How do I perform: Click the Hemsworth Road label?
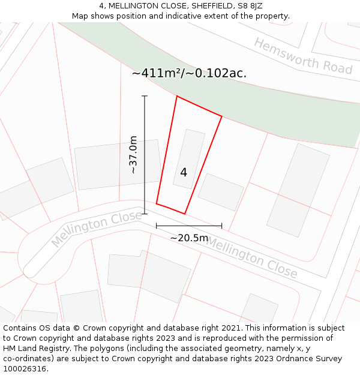303,56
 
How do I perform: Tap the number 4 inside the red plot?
184,172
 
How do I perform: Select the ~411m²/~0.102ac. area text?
189,73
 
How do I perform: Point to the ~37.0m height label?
133,155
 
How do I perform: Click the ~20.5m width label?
189,238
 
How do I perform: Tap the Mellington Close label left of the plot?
96,229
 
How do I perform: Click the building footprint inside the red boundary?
188,157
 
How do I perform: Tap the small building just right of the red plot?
221,192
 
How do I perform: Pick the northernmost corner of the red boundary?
177,96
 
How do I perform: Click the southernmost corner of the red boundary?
184,214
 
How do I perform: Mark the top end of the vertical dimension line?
144,96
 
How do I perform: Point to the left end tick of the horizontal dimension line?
156,226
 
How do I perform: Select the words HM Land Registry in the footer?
31,349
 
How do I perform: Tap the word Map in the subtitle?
80,16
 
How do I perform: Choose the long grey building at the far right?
298,190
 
